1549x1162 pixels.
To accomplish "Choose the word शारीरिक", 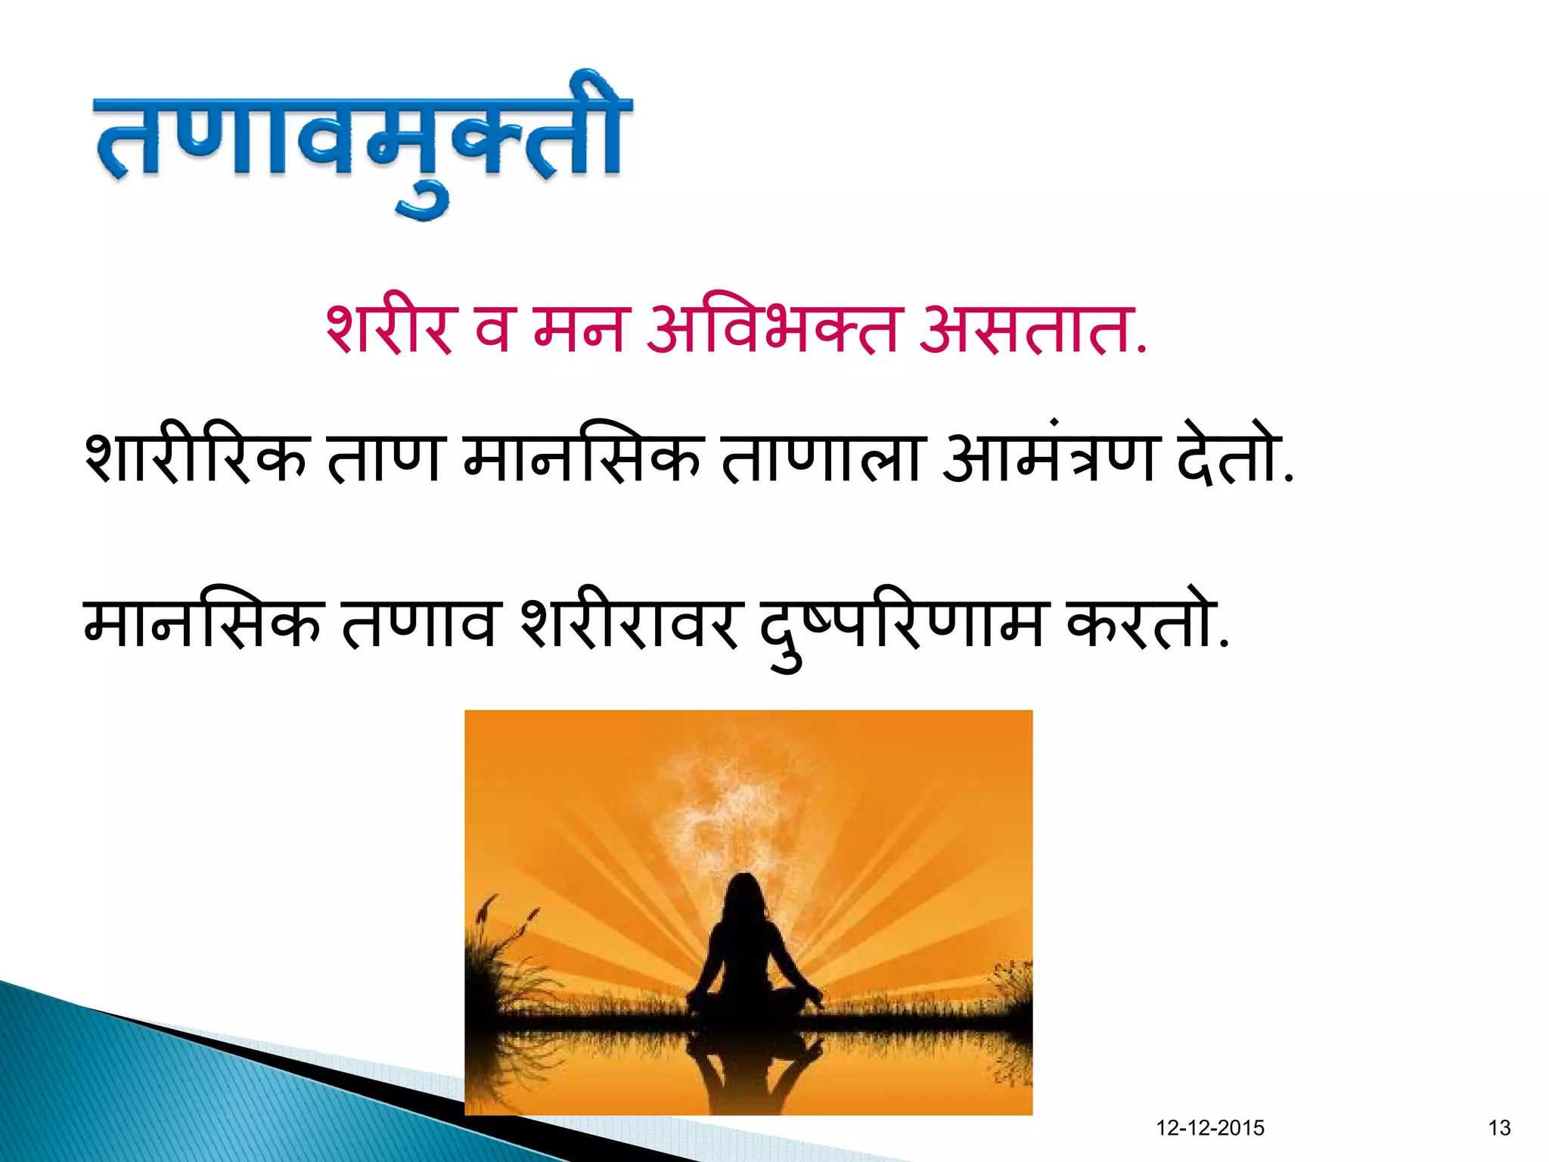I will coord(195,458).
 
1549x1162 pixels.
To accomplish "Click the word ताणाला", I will coord(820,458).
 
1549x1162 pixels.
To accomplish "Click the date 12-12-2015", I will coord(1210,1128).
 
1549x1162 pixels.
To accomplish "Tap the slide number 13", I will coord(1499,1128).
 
